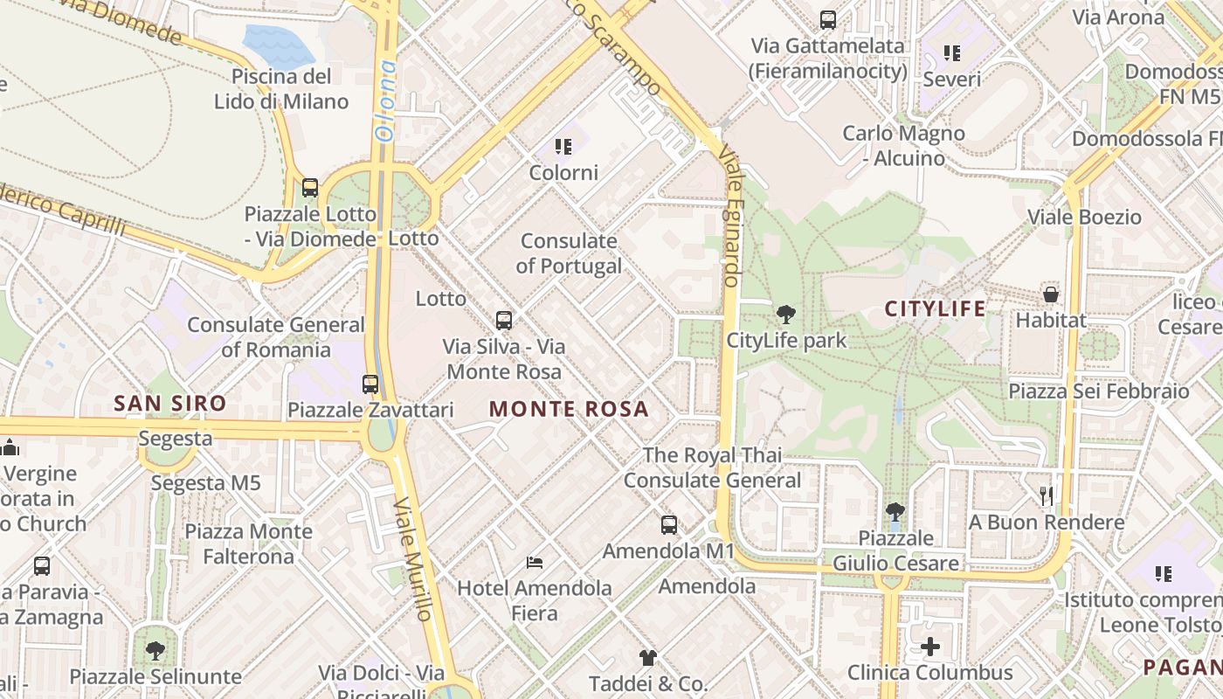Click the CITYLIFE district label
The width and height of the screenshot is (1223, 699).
point(935,308)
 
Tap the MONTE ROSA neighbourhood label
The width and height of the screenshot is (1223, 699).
point(569,409)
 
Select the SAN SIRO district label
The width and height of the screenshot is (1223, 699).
point(170,404)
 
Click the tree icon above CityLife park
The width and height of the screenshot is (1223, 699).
point(786,315)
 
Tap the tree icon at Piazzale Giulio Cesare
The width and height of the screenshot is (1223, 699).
point(895,511)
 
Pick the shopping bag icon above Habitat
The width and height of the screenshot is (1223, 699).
point(1051,294)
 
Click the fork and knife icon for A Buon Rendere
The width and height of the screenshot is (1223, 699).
point(1046,496)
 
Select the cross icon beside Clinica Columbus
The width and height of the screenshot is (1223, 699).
point(930,647)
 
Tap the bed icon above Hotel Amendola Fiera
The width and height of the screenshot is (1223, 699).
point(535,562)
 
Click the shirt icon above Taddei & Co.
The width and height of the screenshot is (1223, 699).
point(647,657)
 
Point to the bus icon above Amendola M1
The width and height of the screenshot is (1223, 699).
point(668,525)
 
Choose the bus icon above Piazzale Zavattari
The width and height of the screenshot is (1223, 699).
point(370,384)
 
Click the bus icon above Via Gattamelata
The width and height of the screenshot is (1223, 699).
point(827,19)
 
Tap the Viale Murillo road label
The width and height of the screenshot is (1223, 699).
point(413,559)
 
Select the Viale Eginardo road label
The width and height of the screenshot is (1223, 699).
point(729,215)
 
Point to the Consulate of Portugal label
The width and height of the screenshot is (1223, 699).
point(569,253)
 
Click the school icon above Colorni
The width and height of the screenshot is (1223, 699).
point(563,146)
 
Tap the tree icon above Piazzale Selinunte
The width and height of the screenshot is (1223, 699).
point(155,650)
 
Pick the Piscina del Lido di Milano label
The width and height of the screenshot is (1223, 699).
point(281,88)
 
